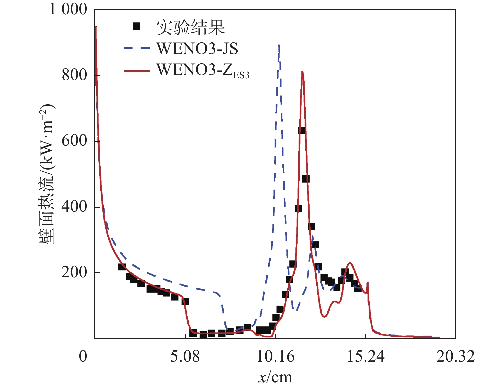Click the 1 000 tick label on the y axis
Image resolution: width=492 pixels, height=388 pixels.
point(68,9)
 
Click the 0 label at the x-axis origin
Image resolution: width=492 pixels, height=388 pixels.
point(83,356)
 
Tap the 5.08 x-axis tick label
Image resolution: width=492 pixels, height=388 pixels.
point(185,356)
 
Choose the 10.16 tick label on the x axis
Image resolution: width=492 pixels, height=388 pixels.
point(275,356)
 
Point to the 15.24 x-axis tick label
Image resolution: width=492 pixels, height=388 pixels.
point(366,356)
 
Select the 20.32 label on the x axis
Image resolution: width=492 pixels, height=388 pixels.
point(455,356)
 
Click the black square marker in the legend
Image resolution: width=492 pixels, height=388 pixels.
point(137,26)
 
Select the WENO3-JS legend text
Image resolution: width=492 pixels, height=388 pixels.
point(197,49)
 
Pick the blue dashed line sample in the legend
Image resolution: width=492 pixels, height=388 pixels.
point(137,48)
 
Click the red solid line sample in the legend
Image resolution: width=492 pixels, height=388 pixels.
point(137,71)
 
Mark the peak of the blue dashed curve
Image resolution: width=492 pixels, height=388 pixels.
point(279,45)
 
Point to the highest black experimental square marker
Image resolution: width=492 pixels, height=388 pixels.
point(302,130)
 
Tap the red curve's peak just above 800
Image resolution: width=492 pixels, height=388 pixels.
point(302,72)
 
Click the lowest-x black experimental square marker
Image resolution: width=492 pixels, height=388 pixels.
point(122,267)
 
